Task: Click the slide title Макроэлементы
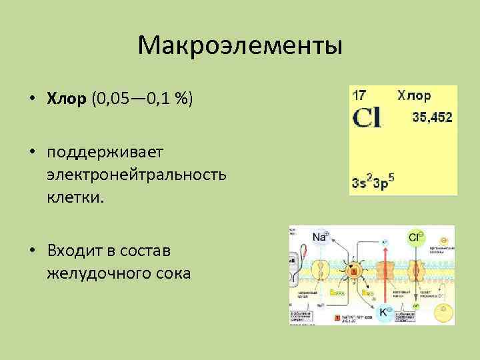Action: click(240, 46)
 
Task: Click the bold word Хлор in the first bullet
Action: click(67, 99)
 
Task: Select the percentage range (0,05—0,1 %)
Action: click(142, 99)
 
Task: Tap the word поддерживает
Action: click(105, 153)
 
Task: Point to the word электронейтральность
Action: click(137, 175)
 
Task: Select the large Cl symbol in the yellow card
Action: click(367, 118)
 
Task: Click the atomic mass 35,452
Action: click(432, 117)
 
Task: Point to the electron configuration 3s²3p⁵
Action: click(373, 181)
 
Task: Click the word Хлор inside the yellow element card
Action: click(414, 95)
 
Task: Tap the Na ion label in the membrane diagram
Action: click(320, 237)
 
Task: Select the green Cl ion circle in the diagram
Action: click(415, 237)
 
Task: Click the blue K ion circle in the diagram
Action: click(385, 311)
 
